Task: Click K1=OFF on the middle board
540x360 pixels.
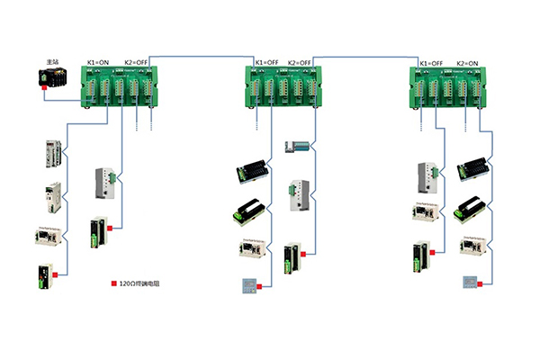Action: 265,63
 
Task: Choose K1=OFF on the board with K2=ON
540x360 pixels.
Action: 431,63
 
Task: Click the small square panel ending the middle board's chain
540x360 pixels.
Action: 243,285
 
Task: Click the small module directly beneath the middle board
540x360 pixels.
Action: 297,146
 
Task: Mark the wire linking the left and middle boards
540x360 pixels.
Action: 198,55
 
